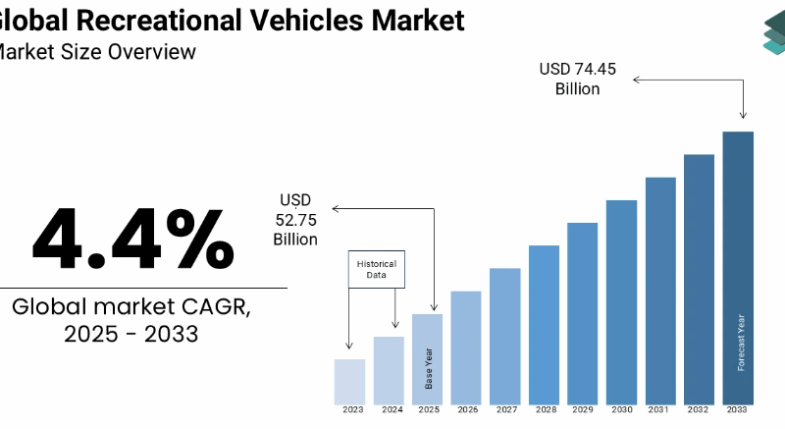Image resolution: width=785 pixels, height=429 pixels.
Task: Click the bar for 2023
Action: pyautogui.click(x=349, y=382)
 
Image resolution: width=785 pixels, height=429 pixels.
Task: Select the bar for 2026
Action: pyautogui.click(x=466, y=348)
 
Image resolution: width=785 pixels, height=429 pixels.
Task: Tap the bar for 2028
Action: pyautogui.click(x=544, y=325)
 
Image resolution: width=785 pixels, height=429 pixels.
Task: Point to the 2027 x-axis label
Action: pyautogui.click(x=505, y=410)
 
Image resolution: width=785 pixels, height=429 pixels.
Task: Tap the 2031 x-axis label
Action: pyautogui.click(x=660, y=410)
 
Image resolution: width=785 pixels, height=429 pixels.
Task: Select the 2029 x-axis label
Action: pyautogui.click(x=583, y=410)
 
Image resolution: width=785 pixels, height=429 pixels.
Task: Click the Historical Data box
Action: pyautogui.click(x=377, y=270)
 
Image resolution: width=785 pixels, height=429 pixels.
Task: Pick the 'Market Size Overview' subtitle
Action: pyautogui.click(x=98, y=52)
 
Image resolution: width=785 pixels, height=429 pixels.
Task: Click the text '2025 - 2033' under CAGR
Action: pyautogui.click(x=131, y=334)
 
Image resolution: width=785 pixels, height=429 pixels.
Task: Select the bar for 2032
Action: pyautogui.click(x=699, y=280)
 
